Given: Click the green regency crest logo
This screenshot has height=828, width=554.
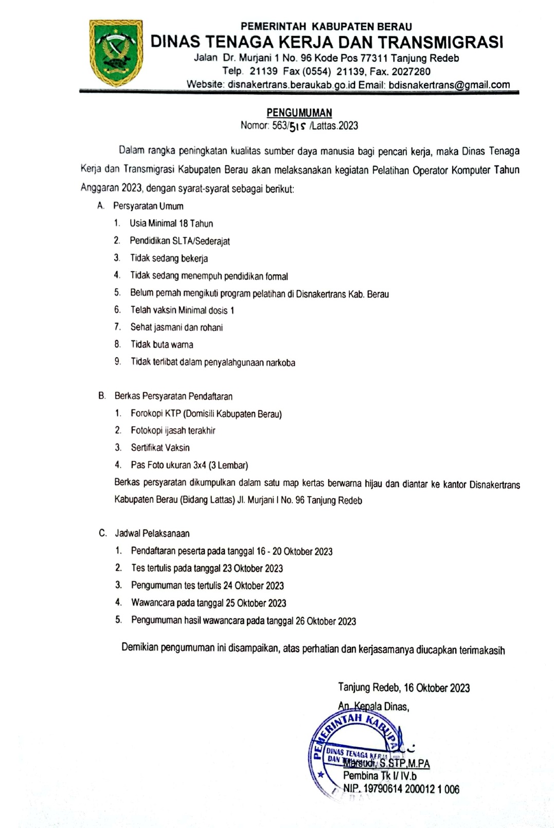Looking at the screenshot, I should point(116,53).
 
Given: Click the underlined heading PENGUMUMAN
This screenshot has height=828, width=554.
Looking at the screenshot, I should point(299,113).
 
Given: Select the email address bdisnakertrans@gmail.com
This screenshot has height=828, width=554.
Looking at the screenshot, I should point(449,85).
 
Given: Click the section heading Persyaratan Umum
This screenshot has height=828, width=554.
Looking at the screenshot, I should point(148,206).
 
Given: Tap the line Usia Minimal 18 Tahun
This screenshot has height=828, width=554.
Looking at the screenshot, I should point(171,223).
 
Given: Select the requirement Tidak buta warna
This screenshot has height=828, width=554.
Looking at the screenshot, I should point(162,344).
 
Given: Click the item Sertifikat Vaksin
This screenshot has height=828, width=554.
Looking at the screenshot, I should point(160,448).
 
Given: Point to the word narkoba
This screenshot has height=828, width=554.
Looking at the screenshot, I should point(280,363).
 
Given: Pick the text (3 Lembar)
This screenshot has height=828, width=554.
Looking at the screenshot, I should point(228,465).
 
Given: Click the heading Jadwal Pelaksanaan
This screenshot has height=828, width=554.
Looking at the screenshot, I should point(152,534).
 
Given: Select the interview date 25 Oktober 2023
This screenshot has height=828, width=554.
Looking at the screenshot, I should point(256,603).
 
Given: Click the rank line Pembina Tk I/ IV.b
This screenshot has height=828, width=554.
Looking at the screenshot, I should point(380,776).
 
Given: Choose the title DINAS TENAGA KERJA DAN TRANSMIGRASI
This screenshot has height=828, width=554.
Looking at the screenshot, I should point(327,42).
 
